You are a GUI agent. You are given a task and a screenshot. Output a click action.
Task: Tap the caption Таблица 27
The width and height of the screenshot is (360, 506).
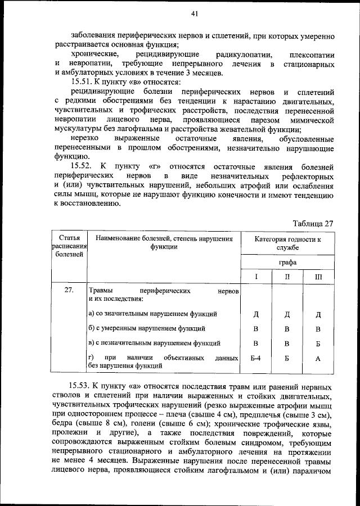coord(313,223)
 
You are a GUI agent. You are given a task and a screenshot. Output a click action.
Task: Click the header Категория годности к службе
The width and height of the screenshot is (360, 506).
coord(287,242)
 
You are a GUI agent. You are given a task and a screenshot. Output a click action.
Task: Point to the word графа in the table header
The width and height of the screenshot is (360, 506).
coord(287,262)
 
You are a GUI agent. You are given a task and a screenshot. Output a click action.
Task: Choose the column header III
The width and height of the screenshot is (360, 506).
coord(318,277)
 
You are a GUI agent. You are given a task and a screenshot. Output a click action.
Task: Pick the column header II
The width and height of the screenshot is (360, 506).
coord(287,277)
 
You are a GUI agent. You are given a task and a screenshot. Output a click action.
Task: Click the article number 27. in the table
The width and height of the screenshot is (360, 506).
coord(69,291)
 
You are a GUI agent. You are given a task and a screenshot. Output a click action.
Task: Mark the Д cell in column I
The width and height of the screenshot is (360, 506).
coord(256,314)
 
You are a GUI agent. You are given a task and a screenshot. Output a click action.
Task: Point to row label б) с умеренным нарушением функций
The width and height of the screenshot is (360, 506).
coord(146,328)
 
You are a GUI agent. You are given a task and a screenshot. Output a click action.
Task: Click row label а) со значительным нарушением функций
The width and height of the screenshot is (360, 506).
coord(152,313)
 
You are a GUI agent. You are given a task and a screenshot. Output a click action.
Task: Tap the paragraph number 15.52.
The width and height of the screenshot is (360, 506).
coord(83,167)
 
